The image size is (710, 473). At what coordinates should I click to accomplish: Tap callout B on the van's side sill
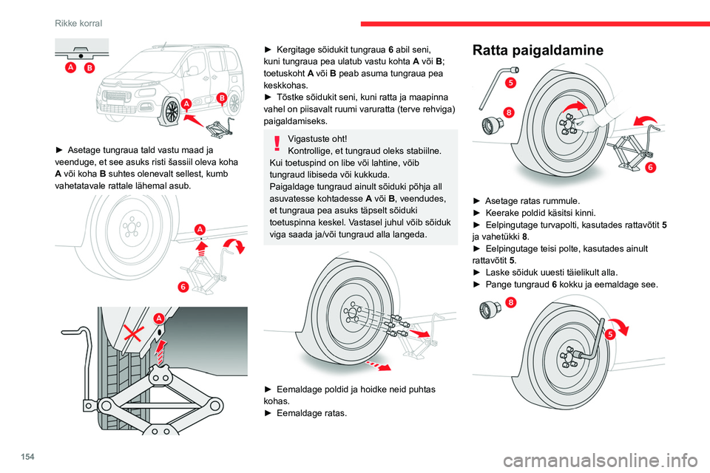220,98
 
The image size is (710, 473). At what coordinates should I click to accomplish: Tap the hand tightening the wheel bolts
596,117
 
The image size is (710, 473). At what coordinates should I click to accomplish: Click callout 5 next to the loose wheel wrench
510,83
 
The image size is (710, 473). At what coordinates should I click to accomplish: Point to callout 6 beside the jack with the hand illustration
650,168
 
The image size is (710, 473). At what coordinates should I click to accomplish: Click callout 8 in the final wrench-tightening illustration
511,302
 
